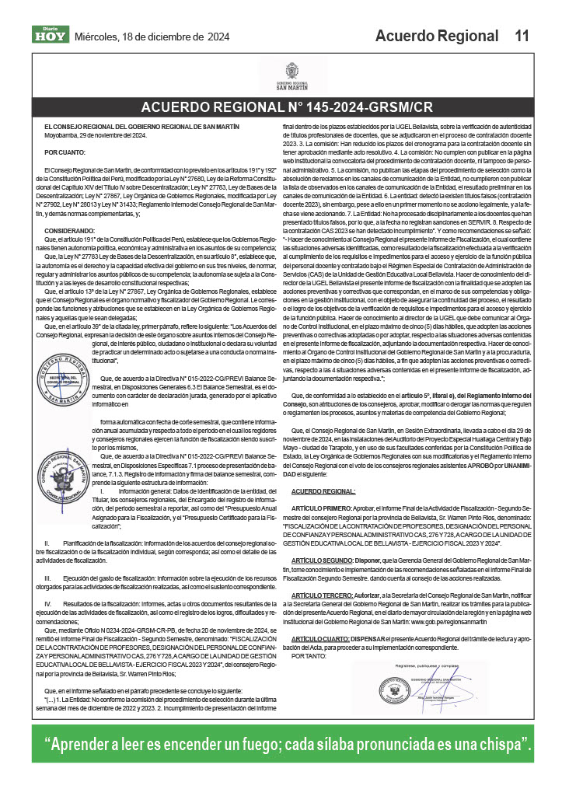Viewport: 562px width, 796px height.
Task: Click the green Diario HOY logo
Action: [51, 34]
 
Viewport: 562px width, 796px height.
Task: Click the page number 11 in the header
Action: [522, 36]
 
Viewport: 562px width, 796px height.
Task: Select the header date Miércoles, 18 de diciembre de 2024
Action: [152, 37]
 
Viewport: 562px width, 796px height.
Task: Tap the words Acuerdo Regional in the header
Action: [436, 36]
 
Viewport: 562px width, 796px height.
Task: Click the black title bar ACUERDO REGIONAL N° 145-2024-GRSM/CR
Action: [281, 108]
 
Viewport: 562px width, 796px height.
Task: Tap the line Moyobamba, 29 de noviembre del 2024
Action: [93, 134]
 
